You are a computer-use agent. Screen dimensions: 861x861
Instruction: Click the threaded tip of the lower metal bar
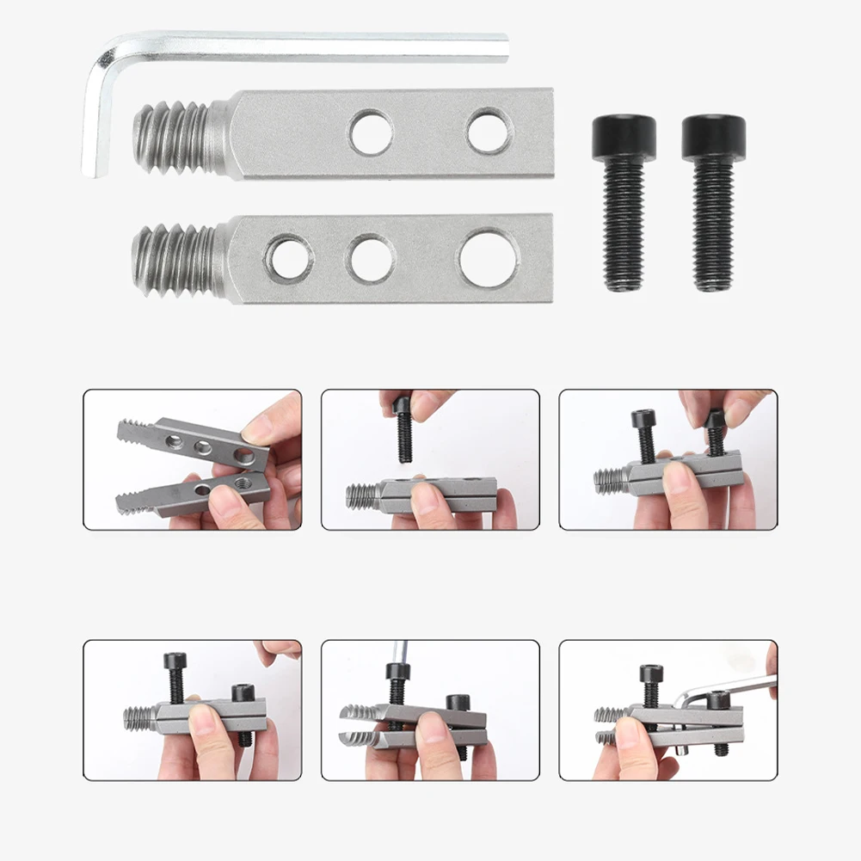tap(172, 259)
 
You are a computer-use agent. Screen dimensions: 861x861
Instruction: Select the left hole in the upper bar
tap(371, 132)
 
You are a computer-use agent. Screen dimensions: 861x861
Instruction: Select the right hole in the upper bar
tap(489, 132)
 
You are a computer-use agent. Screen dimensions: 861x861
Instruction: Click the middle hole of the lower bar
tap(371, 259)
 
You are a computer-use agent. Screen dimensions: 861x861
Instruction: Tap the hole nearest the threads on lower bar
tap(288, 259)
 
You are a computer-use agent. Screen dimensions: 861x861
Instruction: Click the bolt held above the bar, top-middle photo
tap(403, 430)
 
